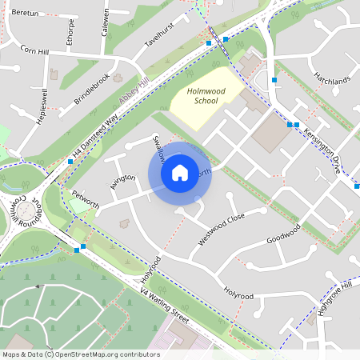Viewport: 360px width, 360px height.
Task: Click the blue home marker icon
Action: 180,173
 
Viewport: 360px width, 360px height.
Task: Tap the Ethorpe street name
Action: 71,31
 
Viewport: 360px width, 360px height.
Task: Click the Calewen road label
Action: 105,20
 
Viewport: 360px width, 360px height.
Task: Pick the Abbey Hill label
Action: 134,89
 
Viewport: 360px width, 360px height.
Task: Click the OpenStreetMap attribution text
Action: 81,354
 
